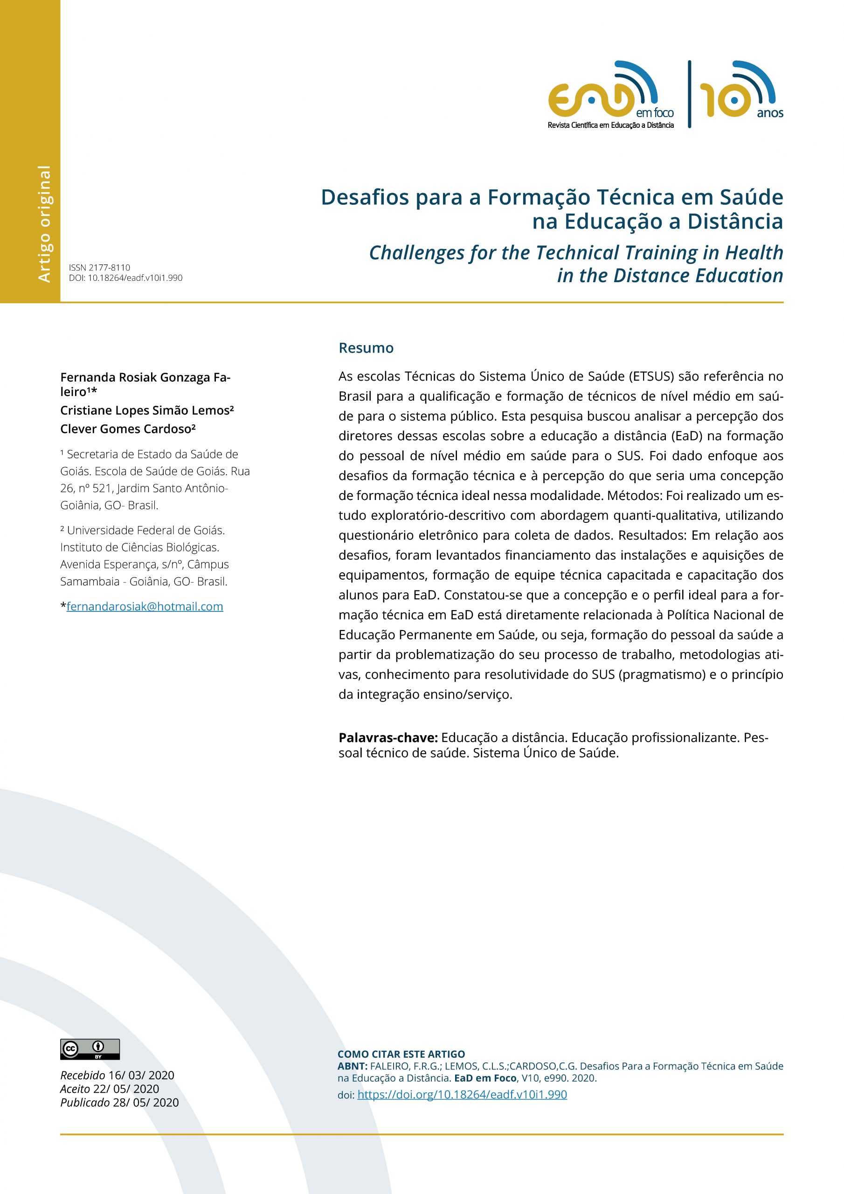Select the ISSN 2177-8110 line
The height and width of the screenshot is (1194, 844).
[x=99, y=267]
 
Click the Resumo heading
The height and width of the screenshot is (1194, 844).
[x=366, y=348]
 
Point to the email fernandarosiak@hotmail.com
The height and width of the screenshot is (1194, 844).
[x=145, y=606]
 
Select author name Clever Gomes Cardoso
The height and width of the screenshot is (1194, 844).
[x=127, y=429]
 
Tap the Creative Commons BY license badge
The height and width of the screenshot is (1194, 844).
[x=90, y=1049]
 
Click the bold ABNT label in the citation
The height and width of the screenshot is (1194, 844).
[x=352, y=1066]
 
